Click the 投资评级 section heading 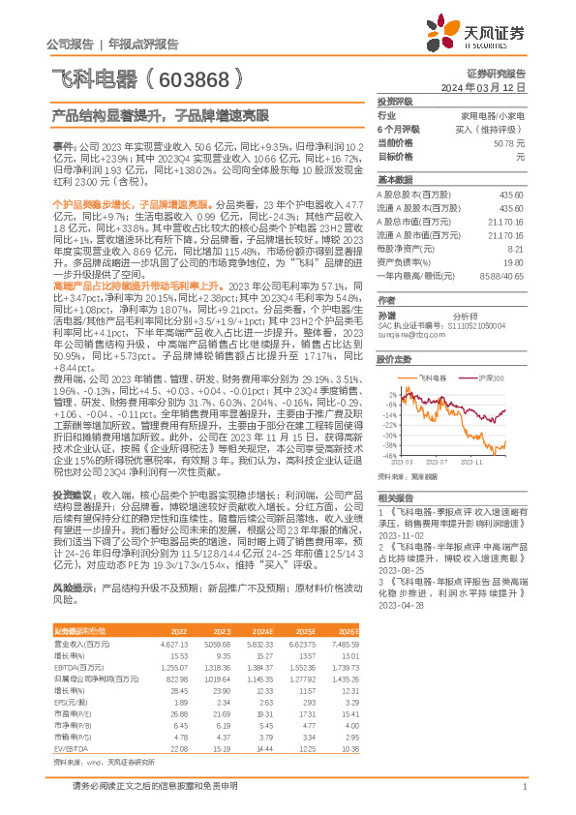pos(395,101)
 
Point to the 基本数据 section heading pos(395,181)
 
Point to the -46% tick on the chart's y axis pos(388,455)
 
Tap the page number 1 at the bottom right pos(523,786)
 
